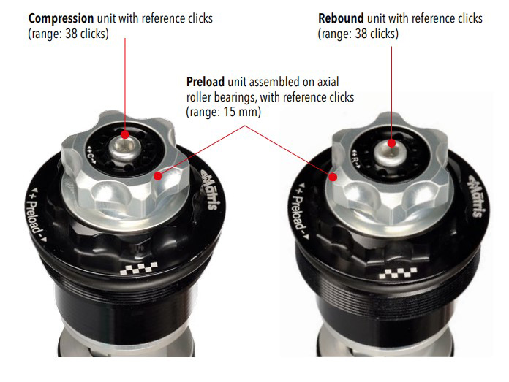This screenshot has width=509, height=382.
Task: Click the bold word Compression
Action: [61, 19]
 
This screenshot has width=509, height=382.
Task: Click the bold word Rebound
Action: [341, 18]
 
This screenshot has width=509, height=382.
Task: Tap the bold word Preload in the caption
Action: [206, 82]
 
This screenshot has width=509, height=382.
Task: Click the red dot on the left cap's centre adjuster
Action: [124, 134]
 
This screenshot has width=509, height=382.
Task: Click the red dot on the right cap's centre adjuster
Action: [391, 143]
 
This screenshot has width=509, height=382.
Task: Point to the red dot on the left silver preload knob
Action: [158, 176]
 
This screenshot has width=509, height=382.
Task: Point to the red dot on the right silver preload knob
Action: [333, 177]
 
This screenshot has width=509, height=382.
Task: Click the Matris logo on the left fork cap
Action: [209, 190]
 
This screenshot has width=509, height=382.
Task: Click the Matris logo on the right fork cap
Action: [477, 196]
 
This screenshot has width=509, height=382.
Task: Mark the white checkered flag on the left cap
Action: [139, 268]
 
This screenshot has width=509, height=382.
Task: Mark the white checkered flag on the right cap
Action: [398, 273]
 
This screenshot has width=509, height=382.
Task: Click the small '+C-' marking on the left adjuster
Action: [91, 155]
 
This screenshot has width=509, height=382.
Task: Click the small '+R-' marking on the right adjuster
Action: [357, 158]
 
